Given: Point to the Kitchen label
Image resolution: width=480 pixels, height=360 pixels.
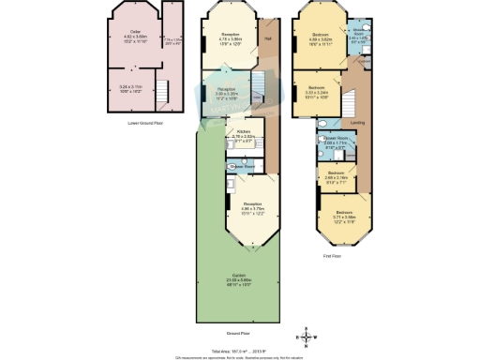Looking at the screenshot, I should click(242, 132).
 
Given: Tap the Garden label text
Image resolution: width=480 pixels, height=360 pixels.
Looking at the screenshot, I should click(241, 275).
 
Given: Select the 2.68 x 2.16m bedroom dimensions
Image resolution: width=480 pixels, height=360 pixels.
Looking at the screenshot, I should click(337, 179).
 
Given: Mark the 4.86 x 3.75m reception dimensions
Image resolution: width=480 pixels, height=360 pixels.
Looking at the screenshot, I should click(252, 208).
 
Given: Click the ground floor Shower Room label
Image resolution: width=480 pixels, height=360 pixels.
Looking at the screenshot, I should click(245, 163).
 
